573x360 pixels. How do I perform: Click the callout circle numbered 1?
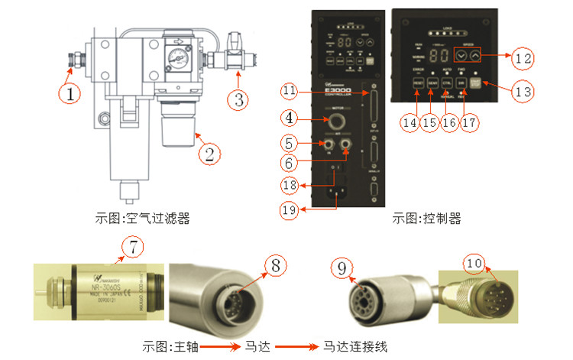(70, 95)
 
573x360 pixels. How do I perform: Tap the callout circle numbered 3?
(240, 98)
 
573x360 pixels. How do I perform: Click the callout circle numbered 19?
(289, 209)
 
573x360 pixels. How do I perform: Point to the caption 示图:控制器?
(426, 218)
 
